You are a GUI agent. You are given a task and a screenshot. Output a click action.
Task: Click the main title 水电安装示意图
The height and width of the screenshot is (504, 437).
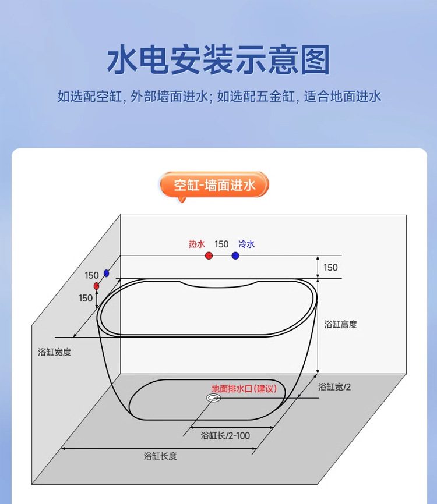tap(218, 60)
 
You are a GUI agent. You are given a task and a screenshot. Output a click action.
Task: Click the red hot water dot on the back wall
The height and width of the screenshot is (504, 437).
tap(209, 255)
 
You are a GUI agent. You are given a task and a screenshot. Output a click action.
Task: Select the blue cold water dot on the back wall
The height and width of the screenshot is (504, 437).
tap(235, 255)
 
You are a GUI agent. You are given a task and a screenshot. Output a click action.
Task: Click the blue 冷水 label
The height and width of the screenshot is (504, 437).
tap(246, 244)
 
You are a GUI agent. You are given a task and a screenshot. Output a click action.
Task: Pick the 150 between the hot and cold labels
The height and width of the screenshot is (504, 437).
tap(221, 244)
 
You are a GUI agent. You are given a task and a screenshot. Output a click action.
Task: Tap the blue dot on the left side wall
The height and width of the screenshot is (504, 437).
tap(106, 273)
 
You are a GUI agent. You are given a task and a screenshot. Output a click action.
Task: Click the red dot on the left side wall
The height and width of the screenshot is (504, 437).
tap(97, 286)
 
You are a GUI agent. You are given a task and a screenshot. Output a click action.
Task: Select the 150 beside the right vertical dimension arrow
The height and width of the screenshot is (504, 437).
tap(330, 268)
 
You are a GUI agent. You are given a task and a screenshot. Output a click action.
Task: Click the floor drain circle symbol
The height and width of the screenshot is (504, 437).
tap(213, 397)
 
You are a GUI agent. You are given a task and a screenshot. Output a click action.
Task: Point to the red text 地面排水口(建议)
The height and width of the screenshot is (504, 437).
tap(244, 388)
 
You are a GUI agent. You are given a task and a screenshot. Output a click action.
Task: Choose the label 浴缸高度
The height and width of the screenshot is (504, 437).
tap(341, 324)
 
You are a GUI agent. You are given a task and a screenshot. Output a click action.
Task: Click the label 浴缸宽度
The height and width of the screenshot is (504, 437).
tap(54, 352)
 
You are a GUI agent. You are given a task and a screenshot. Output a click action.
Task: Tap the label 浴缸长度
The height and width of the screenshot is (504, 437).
tap(160, 456)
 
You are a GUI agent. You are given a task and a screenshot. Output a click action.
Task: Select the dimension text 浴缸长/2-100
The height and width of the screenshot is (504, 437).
tap(225, 435)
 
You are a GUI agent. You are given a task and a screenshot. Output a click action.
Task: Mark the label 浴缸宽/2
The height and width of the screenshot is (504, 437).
tap(334, 386)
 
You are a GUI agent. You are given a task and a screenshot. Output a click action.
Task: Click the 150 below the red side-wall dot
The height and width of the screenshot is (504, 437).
tap(86, 298)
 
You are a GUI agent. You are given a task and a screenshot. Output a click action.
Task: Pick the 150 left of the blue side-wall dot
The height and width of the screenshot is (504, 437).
tap(91, 275)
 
